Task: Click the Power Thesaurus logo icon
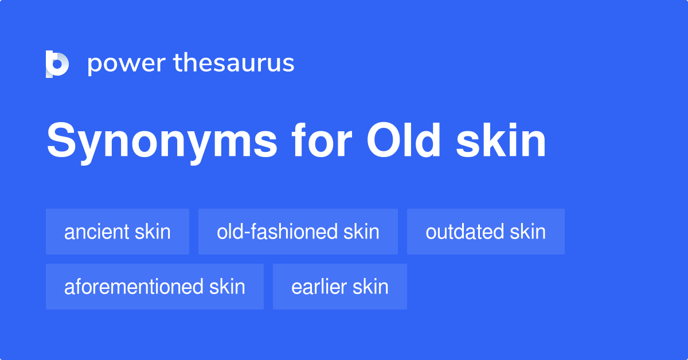[x=57, y=64]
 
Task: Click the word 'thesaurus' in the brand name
[x=234, y=64]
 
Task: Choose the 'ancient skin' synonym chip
[x=118, y=232]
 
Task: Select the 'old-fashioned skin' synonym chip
[x=298, y=232]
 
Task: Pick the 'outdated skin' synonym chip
[x=486, y=232]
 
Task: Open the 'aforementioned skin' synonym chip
[x=155, y=287]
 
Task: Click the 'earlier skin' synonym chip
[x=340, y=287]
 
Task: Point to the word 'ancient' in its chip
[x=97, y=232]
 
